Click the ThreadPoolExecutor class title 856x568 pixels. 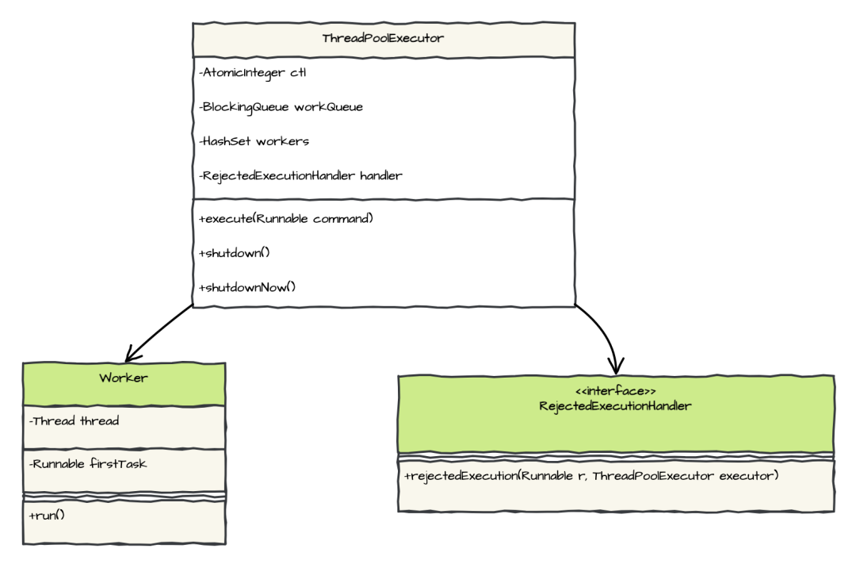[383, 39]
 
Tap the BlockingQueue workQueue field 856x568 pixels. [281, 107]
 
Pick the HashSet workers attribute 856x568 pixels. [254, 141]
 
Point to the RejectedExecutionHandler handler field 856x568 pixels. [300, 175]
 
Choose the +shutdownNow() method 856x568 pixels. [247, 286]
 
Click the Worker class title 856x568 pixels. [124, 378]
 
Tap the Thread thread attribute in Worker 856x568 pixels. [74, 421]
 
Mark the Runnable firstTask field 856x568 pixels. [87, 463]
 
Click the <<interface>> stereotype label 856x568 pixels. [615, 392]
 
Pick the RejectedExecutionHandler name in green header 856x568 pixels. [615, 406]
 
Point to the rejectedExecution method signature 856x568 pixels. [591, 476]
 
